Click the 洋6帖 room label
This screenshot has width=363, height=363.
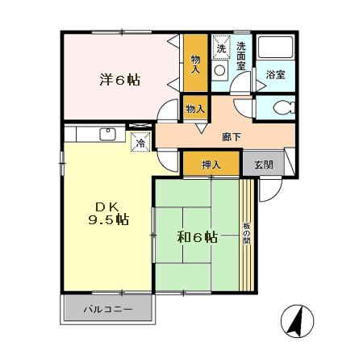120,80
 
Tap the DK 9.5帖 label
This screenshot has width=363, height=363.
108,211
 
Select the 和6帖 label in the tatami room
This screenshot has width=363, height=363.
198,237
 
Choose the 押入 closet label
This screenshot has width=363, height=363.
211,165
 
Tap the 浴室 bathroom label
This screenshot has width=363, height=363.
275,75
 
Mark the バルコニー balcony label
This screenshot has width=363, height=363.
107,309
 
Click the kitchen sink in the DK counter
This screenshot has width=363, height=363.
106,133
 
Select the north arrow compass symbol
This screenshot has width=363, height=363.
295,322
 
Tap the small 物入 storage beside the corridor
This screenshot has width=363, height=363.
195,107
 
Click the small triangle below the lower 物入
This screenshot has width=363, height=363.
195,127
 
